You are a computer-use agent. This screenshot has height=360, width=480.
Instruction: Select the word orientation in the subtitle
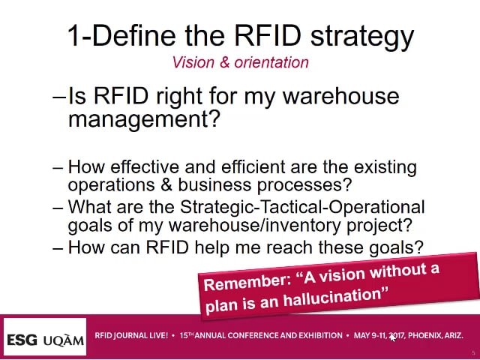tap(271, 62)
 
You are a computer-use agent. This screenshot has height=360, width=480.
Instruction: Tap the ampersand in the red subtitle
tap(224, 62)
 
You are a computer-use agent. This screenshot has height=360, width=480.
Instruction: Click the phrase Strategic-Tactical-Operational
tap(302, 207)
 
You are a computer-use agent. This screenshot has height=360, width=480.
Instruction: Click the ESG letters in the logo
tap(22, 340)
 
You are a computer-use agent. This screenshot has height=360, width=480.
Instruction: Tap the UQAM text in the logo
tap(63, 340)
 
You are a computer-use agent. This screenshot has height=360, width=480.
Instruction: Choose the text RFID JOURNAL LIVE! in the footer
tap(131, 335)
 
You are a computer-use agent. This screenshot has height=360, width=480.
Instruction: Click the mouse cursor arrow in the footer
tap(392, 337)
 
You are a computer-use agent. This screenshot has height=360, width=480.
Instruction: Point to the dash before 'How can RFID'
tap(58, 247)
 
